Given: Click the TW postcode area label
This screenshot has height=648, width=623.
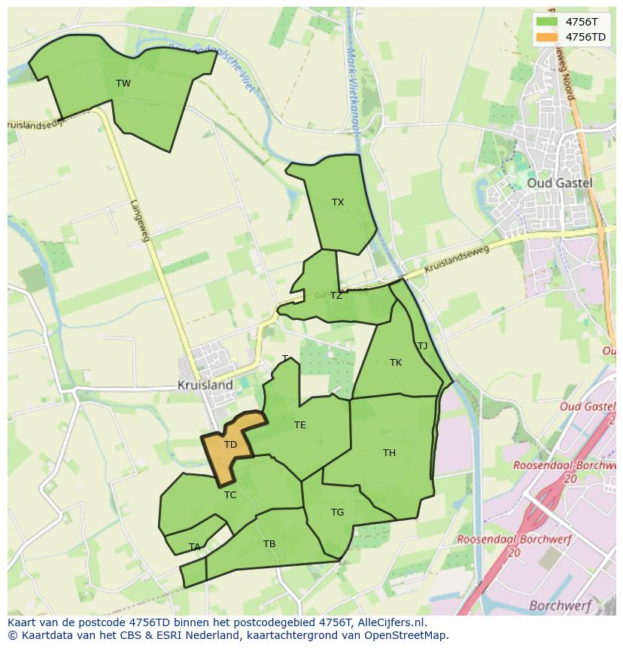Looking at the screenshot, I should [123, 84].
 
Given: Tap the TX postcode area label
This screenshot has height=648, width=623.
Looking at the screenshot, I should [338, 202].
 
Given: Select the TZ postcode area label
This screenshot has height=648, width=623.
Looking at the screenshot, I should [336, 296].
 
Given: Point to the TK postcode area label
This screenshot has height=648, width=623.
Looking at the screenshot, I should [396, 363].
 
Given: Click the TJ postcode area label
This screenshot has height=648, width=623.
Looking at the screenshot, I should [422, 346].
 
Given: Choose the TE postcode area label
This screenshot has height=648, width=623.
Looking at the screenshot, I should [299, 425].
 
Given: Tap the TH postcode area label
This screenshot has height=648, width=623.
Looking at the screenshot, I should [389, 453].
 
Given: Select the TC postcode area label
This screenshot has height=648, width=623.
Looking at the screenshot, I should [230, 495].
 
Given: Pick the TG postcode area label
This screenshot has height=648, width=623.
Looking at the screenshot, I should [337, 513].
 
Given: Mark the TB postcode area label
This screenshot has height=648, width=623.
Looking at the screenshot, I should [269, 544].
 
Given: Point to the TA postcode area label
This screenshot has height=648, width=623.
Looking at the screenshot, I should [195, 547].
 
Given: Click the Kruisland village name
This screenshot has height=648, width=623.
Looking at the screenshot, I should [205, 385].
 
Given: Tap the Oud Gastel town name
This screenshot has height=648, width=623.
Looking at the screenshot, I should [559, 183].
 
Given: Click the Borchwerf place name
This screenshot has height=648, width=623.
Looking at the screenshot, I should [561, 605].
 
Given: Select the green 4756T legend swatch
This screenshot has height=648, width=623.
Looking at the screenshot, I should [547, 22].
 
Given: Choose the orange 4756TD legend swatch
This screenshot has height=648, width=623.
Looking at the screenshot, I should [547, 37].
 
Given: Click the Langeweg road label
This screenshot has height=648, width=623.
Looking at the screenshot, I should [140, 221].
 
